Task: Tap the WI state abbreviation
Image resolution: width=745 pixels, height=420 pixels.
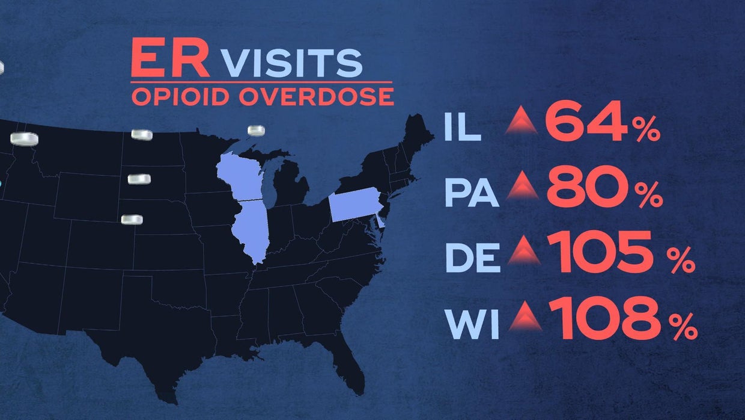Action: pyautogui.click(x=471, y=325)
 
